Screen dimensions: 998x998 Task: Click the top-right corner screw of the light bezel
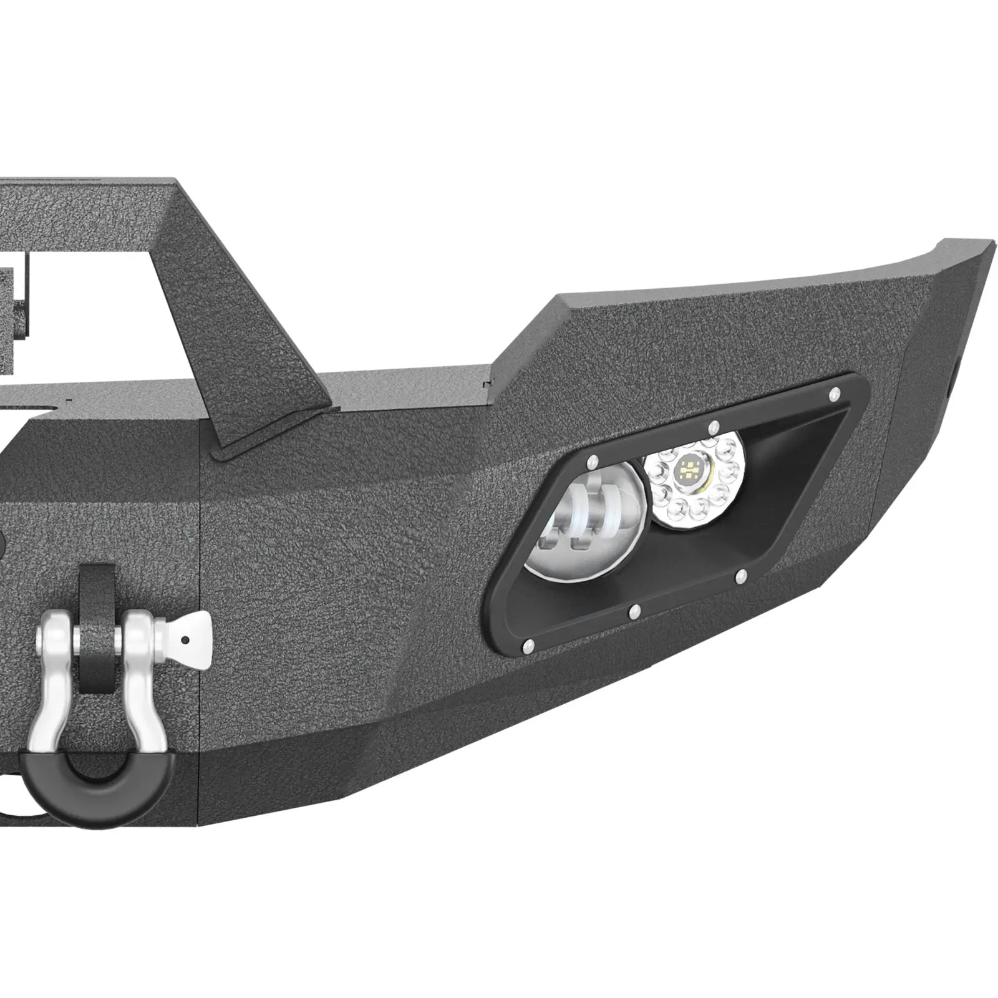833,393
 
